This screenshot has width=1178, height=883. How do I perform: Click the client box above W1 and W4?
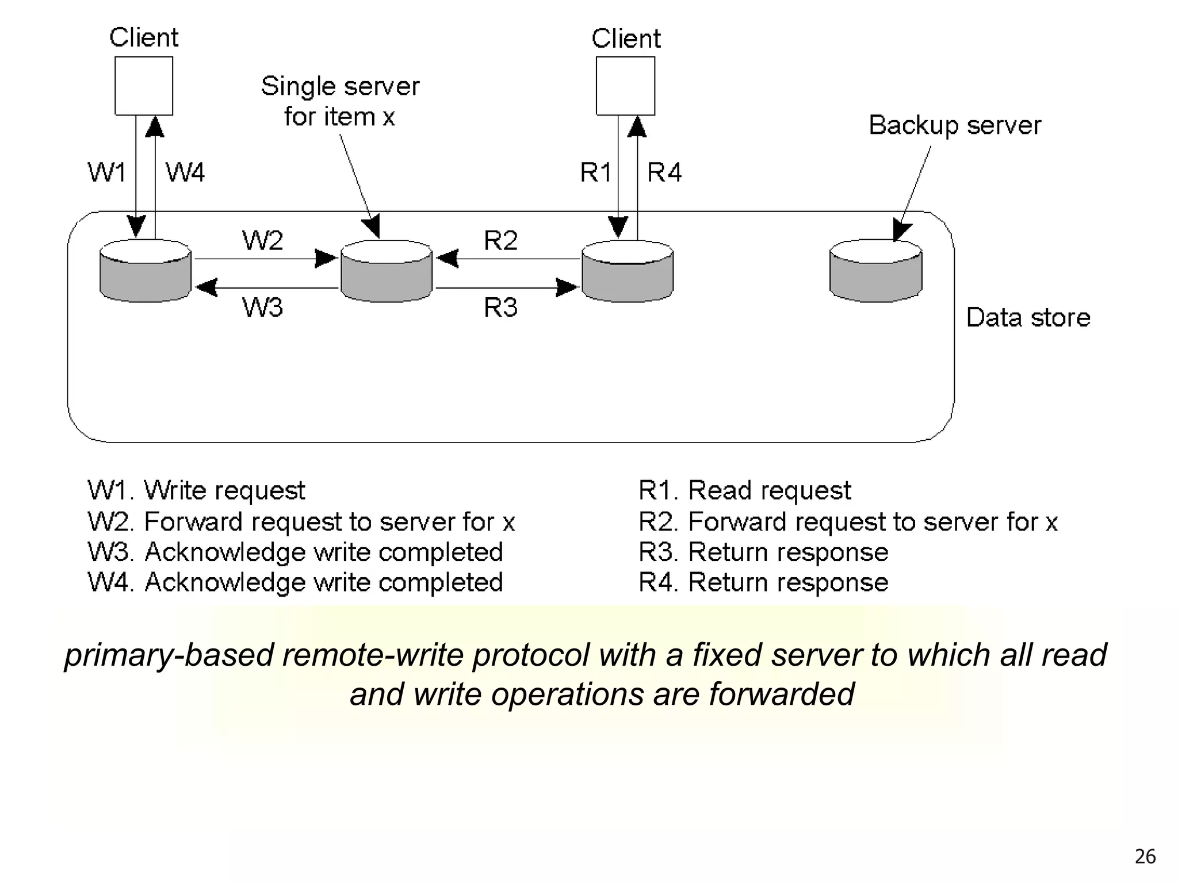click(144, 86)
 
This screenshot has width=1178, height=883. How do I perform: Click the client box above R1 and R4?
click(625, 86)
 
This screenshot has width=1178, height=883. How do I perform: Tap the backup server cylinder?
click(875, 271)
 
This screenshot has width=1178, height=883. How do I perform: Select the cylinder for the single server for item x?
click(387, 271)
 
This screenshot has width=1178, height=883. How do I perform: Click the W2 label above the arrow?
click(262, 240)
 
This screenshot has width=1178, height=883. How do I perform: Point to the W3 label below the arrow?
click(262, 308)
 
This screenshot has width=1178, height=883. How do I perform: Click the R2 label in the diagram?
click(500, 240)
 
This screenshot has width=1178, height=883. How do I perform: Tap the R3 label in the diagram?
click(500, 308)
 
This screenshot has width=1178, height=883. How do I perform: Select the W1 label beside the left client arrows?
click(106, 172)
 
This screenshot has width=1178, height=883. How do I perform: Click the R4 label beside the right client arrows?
click(664, 172)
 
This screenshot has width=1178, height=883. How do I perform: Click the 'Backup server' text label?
click(955, 125)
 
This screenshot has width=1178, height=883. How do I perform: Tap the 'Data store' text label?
click(1028, 317)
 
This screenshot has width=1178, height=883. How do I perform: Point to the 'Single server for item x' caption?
click(340, 101)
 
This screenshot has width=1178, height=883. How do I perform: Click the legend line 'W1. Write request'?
click(196, 490)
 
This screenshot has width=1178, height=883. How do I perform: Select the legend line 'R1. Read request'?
click(744, 490)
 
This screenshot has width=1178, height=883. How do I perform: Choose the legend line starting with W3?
click(295, 552)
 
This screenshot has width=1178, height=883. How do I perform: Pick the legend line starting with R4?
click(763, 582)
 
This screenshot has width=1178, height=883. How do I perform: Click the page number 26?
click(1145, 857)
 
